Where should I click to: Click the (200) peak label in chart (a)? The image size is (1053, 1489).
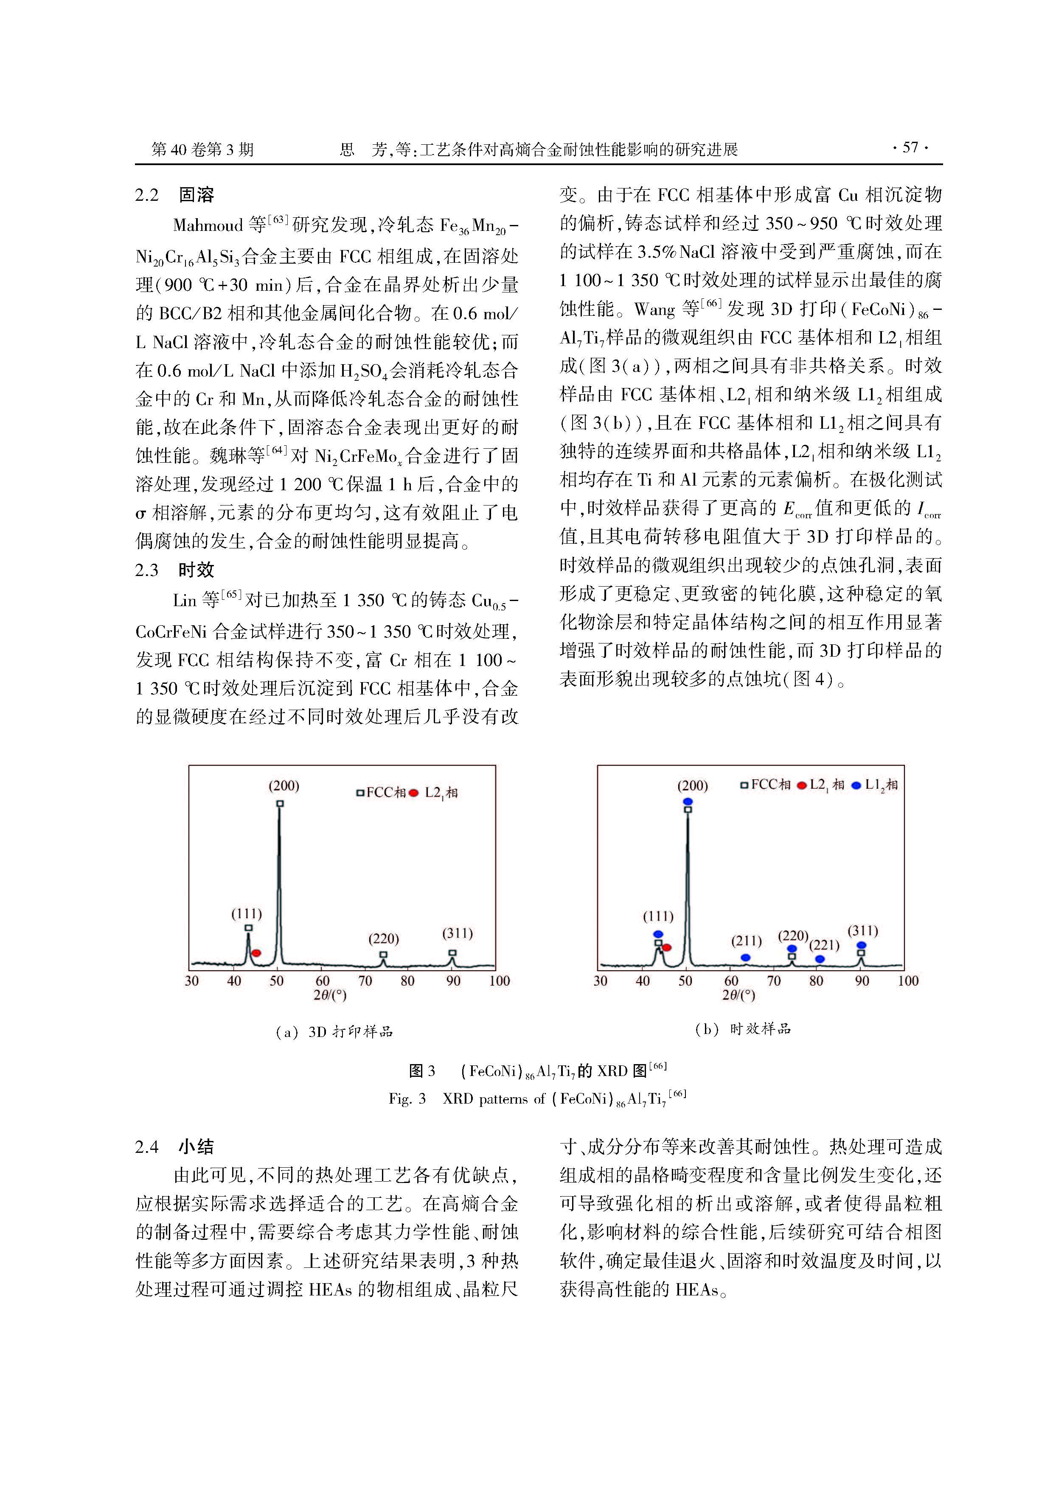click(284, 786)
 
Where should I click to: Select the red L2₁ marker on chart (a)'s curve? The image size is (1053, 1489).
click(257, 952)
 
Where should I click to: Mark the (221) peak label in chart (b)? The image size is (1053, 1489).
click(824, 946)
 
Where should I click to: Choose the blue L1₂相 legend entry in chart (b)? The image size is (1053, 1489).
click(875, 785)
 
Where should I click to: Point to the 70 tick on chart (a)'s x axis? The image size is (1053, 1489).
click(365, 981)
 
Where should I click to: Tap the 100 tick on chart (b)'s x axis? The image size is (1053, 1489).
click(908, 981)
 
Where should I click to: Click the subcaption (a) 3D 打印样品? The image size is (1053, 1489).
click(334, 1032)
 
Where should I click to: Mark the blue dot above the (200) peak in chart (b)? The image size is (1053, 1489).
click(688, 801)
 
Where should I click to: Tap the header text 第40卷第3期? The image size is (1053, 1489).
click(202, 150)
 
